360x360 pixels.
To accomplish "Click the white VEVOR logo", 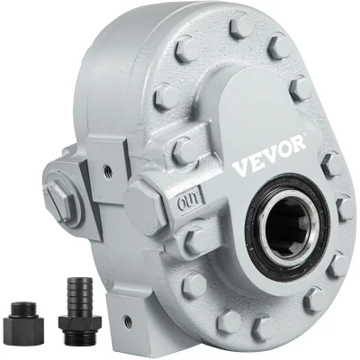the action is click(x=270, y=156).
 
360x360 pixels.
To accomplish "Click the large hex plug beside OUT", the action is click(x=146, y=207).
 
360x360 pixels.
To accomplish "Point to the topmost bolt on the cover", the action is click(x=242, y=24).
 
